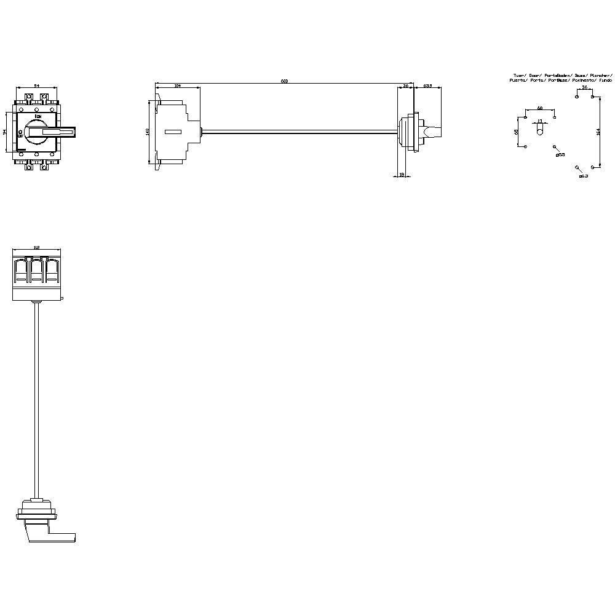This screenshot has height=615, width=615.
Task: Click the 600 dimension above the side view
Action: pyautogui.click(x=284, y=81)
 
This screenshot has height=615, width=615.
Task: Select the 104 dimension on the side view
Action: pyautogui.click(x=178, y=86)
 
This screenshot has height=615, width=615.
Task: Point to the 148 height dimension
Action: pyautogui.click(x=148, y=132)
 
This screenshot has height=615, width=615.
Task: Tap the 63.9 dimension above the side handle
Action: pyautogui.click(x=427, y=86)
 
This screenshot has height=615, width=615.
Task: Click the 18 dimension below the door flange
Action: pyautogui.click(x=402, y=175)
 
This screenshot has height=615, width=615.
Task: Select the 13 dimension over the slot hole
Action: pyautogui.click(x=539, y=121)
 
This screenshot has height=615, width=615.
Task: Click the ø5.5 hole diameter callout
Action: pyautogui.click(x=560, y=154)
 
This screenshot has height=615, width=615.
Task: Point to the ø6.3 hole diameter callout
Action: pyautogui.click(x=584, y=176)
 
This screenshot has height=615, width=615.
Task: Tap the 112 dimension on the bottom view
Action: pyautogui.click(x=37, y=247)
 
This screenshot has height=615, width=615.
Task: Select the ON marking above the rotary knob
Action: pyautogui.click(x=38, y=116)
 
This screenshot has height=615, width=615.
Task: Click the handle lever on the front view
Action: pyautogui.click(x=58, y=132)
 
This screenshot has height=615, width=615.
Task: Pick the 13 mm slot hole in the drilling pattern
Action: pyautogui.click(x=539, y=130)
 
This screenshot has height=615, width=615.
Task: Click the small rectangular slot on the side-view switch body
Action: pyautogui.click(x=172, y=132)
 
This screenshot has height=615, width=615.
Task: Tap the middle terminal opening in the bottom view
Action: pyautogui.click(x=37, y=271)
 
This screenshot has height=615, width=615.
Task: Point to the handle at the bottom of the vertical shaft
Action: pyautogui.click(x=46, y=529)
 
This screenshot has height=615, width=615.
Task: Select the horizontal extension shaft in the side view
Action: pyautogui.click(x=298, y=130)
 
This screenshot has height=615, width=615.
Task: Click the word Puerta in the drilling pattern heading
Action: pyautogui.click(x=518, y=81)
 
